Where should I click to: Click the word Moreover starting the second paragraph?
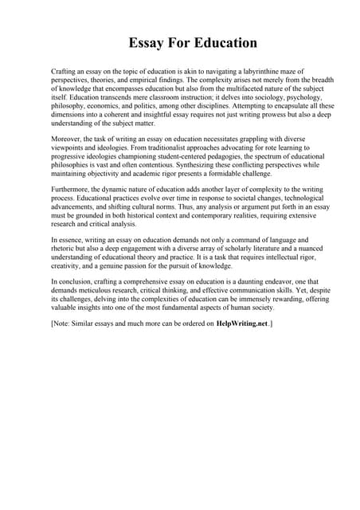click(66, 140)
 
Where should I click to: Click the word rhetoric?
click(65, 247)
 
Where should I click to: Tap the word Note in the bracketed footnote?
click(63, 324)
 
